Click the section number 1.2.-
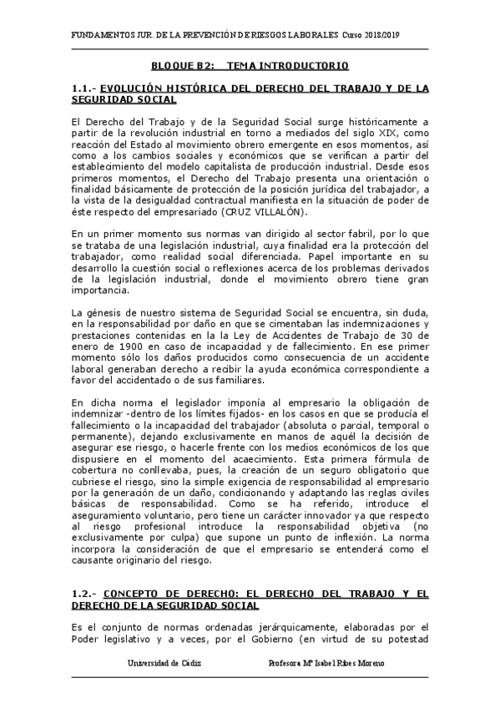[86, 594]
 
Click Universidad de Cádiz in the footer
[164, 662]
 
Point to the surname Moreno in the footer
[368, 662]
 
